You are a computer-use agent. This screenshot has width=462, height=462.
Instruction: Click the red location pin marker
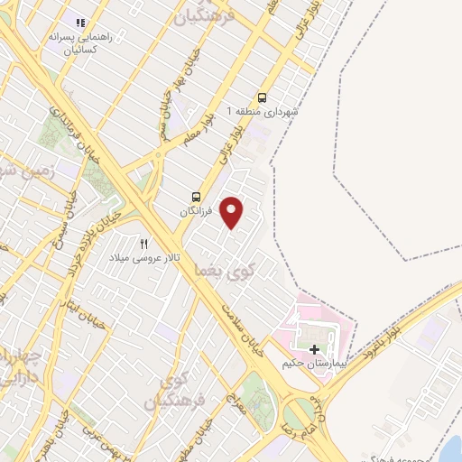(x=233, y=211)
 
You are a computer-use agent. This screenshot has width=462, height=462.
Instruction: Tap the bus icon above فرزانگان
(x=196, y=197)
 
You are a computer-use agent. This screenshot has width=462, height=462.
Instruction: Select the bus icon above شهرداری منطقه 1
(x=263, y=97)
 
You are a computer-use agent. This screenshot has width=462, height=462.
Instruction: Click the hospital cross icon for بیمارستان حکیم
(x=314, y=349)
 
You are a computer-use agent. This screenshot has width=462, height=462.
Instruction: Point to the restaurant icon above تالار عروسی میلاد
(x=143, y=244)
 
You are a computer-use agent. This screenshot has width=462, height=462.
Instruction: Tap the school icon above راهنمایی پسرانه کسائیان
(x=80, y=23)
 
